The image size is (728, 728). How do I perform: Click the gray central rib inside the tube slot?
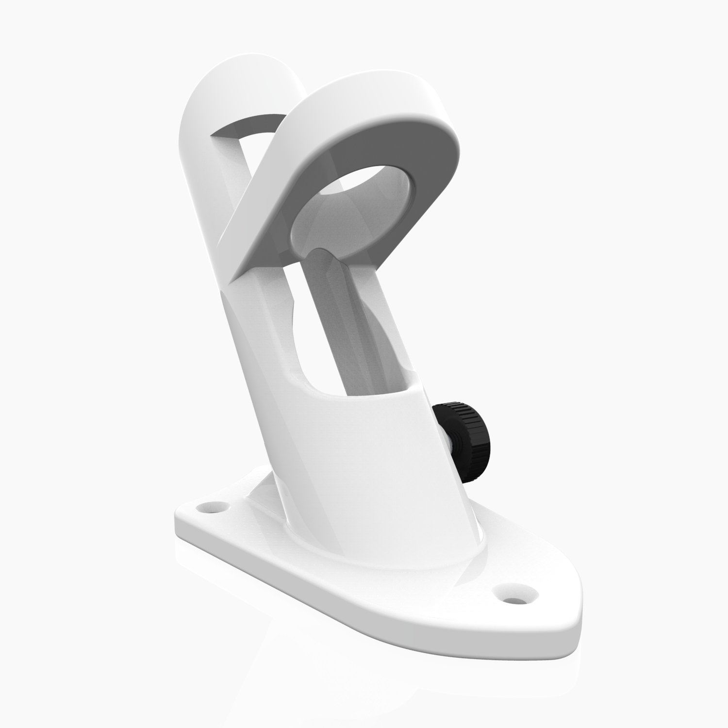click(335, 311)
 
